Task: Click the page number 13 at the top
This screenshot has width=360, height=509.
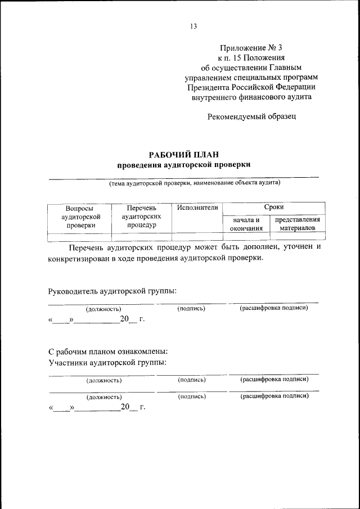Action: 193,26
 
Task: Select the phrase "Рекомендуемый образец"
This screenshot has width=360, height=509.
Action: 251,117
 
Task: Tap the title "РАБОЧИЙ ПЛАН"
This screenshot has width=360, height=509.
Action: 183,154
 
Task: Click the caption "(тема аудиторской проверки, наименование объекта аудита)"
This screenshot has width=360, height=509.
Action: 194,183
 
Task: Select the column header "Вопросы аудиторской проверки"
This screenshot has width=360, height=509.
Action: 79,217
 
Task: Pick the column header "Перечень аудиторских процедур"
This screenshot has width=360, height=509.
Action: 141,217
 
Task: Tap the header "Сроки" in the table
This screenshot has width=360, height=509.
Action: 274,208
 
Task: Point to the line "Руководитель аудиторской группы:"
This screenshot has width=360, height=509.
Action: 112,291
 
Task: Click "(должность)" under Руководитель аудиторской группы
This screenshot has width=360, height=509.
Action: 103,309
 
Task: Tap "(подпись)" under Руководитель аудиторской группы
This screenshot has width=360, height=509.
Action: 191,309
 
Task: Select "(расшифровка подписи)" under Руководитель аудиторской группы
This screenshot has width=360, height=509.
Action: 274,308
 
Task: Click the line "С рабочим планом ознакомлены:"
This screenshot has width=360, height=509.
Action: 108,352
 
